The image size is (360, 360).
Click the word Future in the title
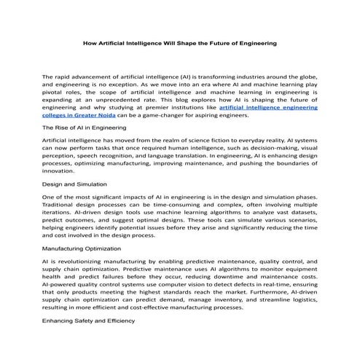224,44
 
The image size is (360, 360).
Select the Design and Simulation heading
75,185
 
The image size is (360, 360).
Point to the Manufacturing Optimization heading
82,249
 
